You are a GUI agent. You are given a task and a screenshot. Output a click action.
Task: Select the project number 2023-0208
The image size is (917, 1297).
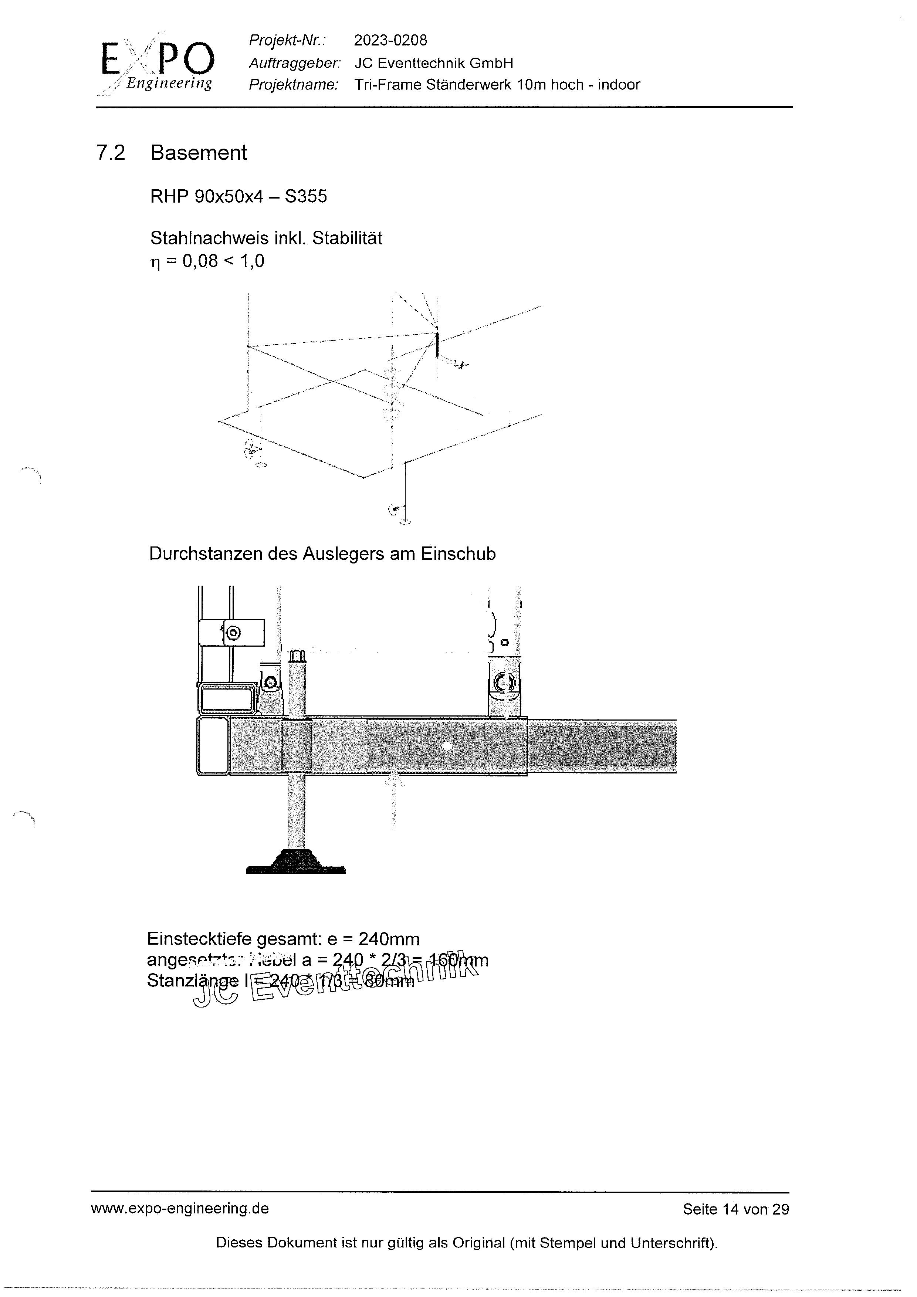coord(390,40)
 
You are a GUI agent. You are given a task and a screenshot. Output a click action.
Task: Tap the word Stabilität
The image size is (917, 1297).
coord(347,238)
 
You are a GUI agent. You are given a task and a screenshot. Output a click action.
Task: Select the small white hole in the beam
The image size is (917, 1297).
coord(447,746)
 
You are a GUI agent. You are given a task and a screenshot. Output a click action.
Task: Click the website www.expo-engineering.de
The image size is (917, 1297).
coord(180,1208)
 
